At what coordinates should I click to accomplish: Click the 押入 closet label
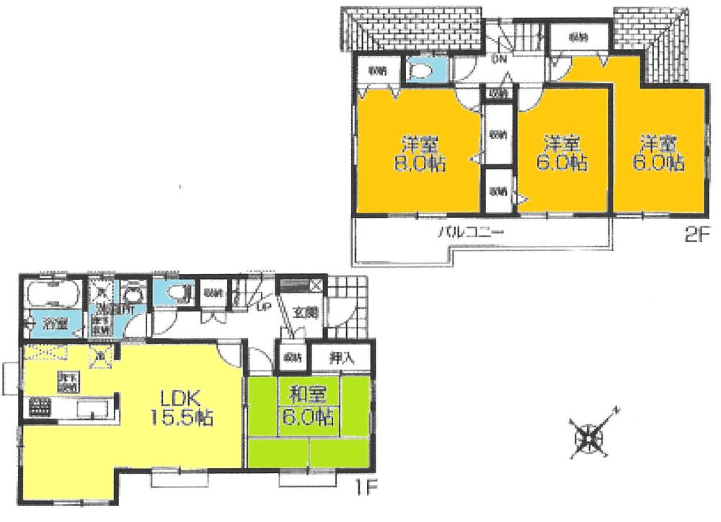click(341, 356)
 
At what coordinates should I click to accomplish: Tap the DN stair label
click(498, 59)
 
